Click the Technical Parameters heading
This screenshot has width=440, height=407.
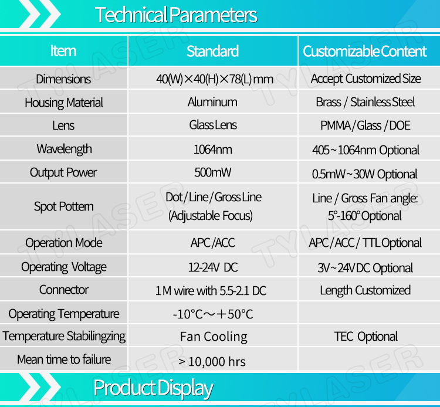point(176,15)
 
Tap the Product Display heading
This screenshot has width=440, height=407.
point(153,388)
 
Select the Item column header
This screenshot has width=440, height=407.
point(63,51)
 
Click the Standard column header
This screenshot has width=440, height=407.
point(213,52)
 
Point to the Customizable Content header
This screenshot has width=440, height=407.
point(365,52)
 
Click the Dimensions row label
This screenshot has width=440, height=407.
point(63,79)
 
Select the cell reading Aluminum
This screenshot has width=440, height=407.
point(212,102)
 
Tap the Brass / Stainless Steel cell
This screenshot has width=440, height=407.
point(365,102)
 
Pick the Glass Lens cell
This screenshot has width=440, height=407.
point(213,125)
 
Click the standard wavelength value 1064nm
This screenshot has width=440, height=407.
point(213,149)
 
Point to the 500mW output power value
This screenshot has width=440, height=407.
point(213,172)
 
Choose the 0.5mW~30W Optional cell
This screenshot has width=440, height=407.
point(364,174)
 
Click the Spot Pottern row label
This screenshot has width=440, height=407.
point(64,206)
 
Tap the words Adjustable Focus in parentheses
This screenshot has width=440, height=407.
point(211,216)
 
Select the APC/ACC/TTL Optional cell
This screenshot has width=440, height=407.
point(365,243)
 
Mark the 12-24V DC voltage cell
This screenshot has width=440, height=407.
point(213,267)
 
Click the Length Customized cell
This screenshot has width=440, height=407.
point(365,290)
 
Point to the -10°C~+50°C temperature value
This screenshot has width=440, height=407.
point(213,314)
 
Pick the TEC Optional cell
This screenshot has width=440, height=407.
point(365,336)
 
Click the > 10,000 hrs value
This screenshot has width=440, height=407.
point(212,362)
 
